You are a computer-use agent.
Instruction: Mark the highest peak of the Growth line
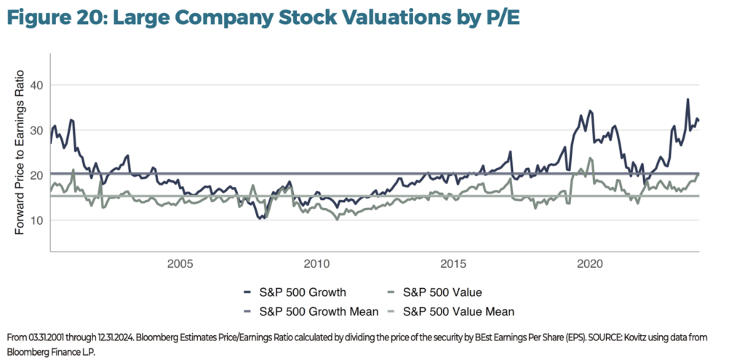[688, 100]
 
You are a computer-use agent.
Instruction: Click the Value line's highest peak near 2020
[589, 158]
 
